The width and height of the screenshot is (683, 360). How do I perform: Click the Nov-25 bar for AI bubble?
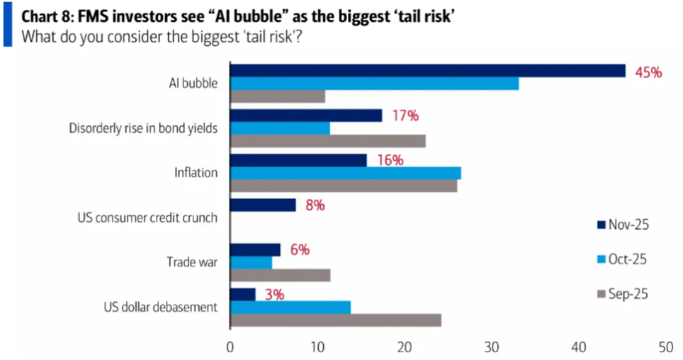[428, 70]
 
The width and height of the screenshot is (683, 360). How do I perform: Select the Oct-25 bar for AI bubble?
[375, 84]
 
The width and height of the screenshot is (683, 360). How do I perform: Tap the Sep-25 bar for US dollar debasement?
[336, 320]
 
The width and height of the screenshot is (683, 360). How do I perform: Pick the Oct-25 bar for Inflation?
[346, 173]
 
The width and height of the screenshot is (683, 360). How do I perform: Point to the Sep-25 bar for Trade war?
[281, 276]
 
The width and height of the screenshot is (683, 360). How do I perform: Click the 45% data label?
[648, 72]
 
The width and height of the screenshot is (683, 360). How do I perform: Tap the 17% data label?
[405, 116]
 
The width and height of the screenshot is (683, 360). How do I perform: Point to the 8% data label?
[315, 206]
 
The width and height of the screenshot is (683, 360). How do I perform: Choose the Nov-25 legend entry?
[622, 225]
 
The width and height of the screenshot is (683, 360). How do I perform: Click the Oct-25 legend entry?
[622, 259]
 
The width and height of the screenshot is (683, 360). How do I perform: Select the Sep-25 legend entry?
[622, 293]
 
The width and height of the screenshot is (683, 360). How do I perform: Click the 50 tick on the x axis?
[666, 348]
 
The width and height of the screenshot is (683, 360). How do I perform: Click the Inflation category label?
[196, 172]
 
